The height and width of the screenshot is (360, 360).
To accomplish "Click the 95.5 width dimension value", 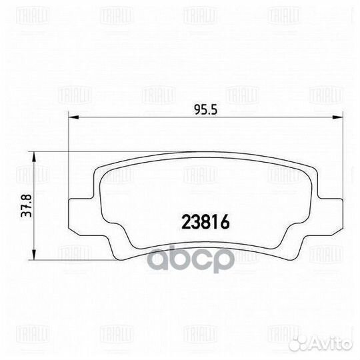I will pos(201,110).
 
